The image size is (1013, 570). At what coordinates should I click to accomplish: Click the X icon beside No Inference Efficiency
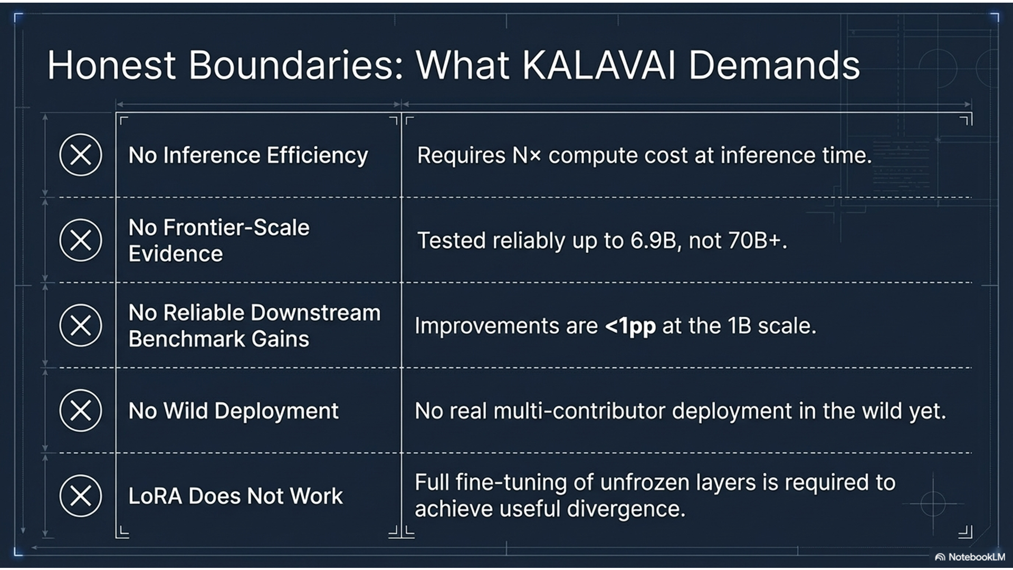pos(80,155)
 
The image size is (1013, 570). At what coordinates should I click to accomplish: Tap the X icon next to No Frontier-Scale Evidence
pos(80,240)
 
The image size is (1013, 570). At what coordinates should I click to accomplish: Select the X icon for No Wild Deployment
pos(80,410)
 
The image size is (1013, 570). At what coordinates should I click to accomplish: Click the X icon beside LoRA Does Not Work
pos(80,496)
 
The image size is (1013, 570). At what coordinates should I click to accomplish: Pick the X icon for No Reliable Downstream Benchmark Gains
pos(80,325)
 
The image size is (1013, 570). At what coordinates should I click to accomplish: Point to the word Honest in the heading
pos(111,65)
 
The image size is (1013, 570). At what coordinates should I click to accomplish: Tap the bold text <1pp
pos(630,326)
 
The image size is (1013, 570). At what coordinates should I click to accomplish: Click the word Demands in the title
pos(773,65)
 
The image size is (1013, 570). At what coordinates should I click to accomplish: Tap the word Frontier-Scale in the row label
pos(236,227)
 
